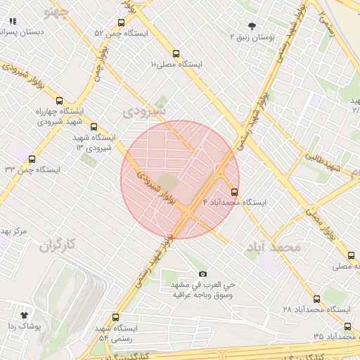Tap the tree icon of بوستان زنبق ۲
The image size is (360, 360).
click(252, 25)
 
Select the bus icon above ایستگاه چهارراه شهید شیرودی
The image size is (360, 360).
click(59, 101)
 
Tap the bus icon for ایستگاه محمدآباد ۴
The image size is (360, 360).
click(234, 191)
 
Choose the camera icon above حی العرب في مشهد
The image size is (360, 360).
click(203, 274)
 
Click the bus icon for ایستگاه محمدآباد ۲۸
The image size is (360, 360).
click(315, 299)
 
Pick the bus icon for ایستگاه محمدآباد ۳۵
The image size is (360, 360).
click(347, 326)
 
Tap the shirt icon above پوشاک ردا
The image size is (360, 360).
click(25, 315)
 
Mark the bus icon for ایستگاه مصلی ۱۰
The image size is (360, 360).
click(175, 53)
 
